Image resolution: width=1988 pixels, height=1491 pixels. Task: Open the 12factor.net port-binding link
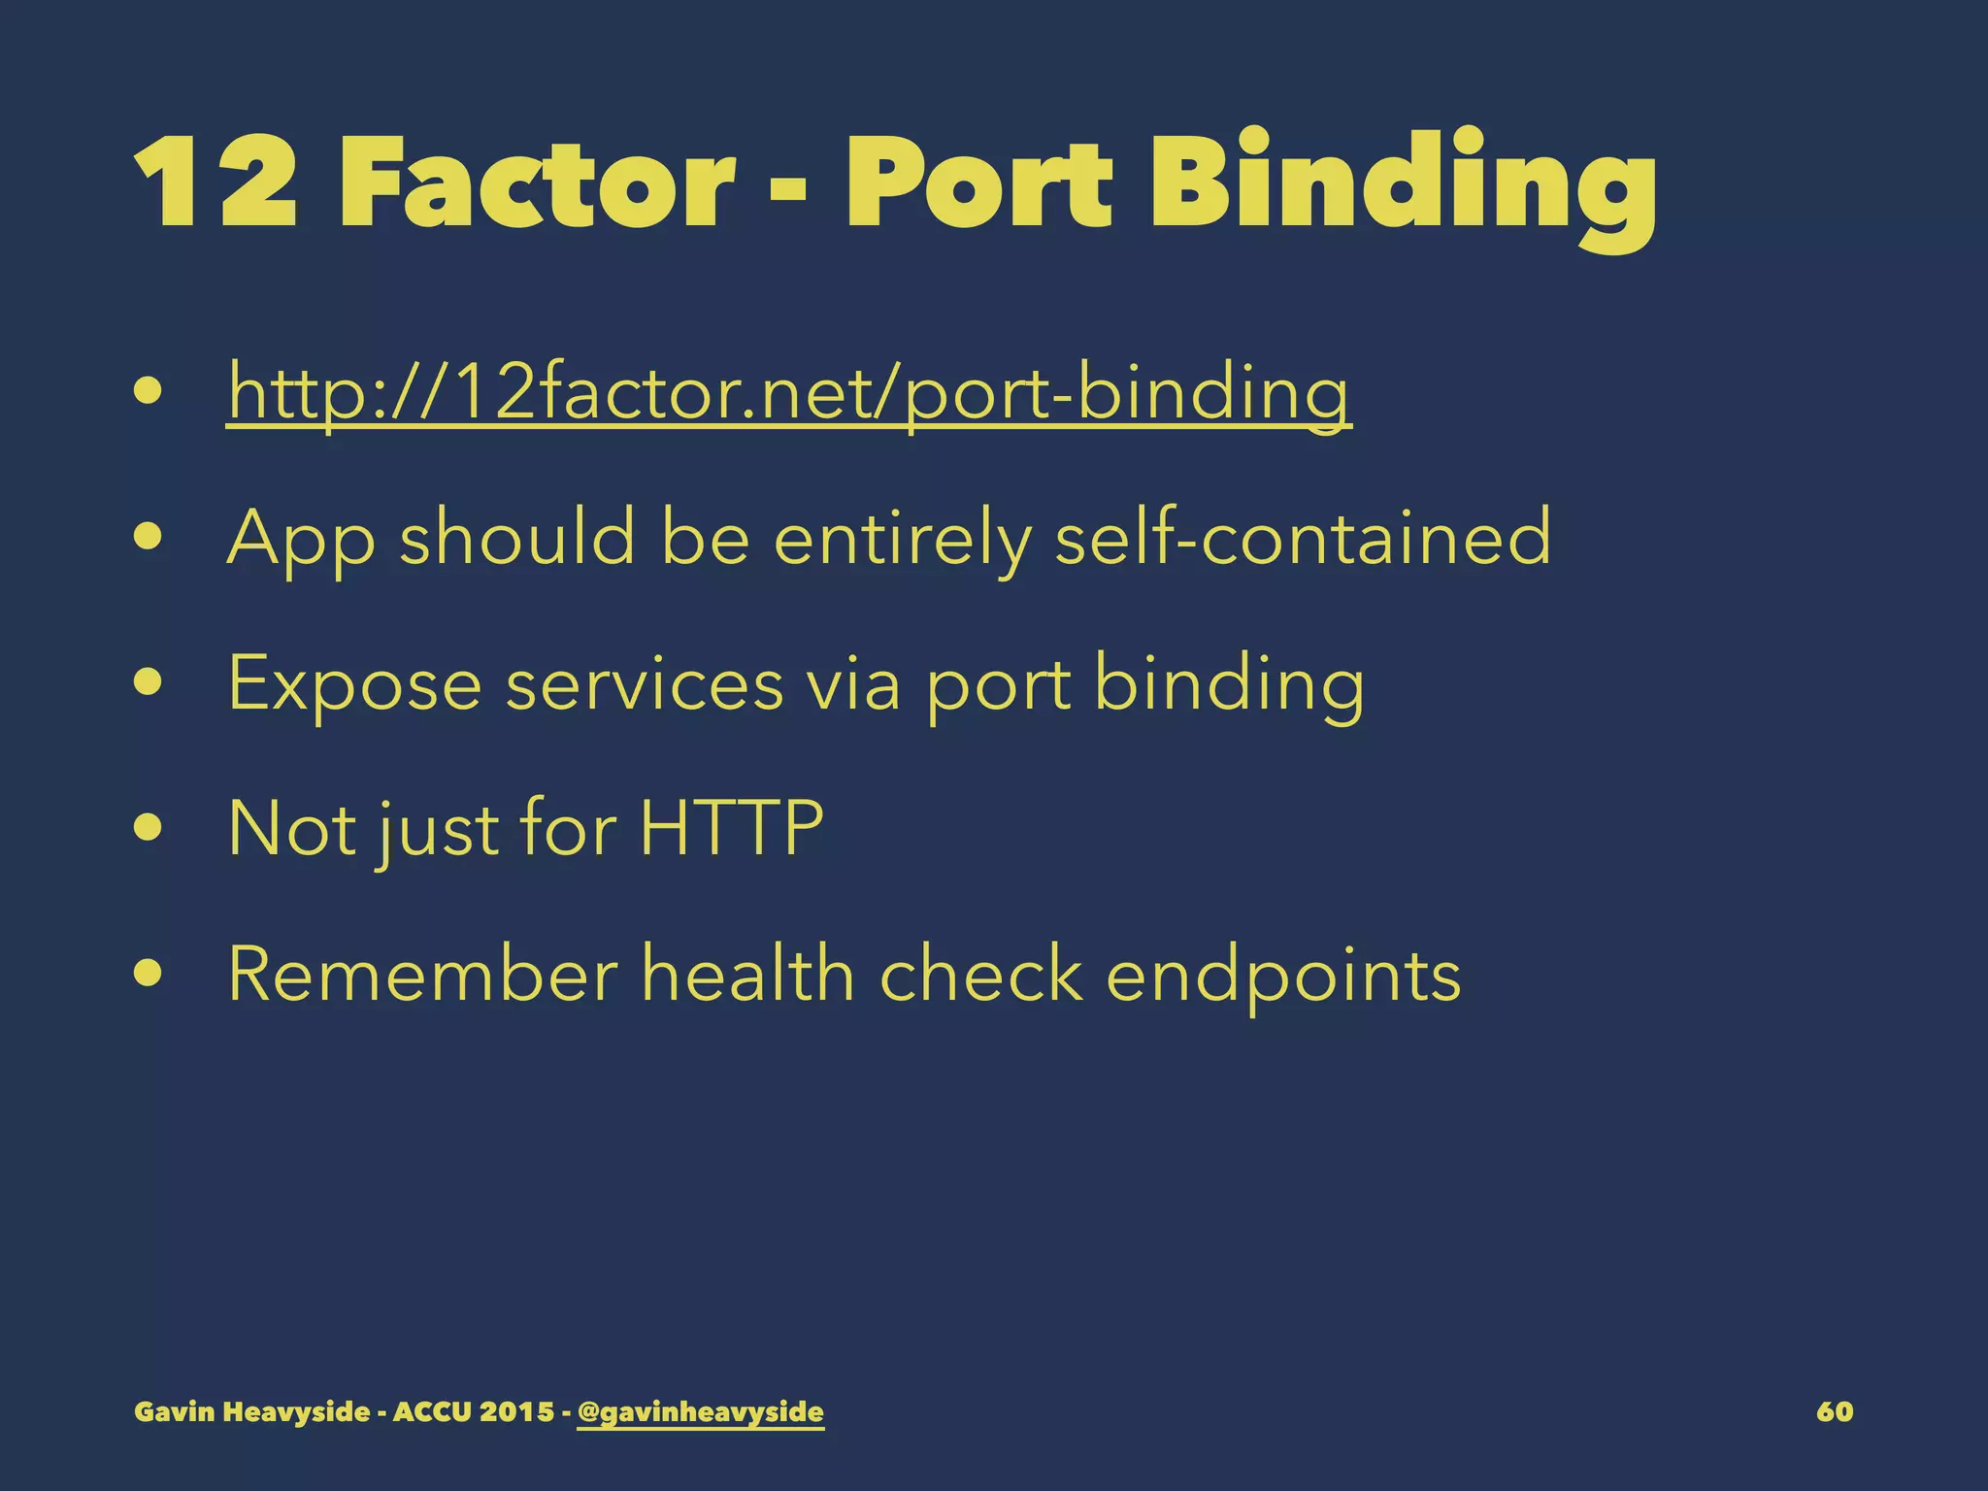[x=788, y=393]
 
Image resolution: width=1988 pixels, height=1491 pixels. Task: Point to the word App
[x=301, y=539]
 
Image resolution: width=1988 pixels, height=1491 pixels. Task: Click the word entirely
[x=902, y=539]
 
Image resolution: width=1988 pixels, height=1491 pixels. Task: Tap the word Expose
[x=354, y=684]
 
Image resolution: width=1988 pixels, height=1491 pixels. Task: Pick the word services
[x=644, y=683]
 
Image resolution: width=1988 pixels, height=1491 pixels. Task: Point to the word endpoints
[x=1283, y=976]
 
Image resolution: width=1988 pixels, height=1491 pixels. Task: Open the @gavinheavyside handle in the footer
[x=700, y=1411]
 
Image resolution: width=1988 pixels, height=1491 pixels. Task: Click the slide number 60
[x=1835, y=1411]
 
